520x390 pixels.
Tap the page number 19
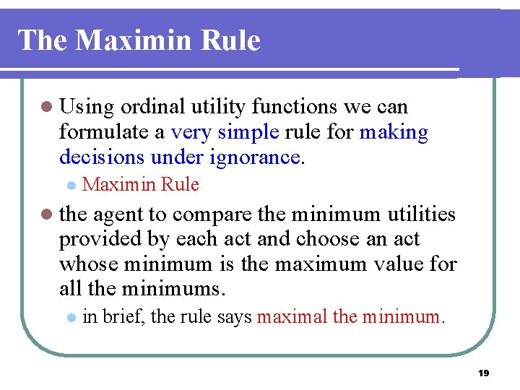[484, 373]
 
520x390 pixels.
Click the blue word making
[394, 133]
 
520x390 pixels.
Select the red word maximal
[292, 316]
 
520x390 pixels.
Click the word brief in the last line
[123, 316]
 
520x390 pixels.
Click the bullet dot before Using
[47, 108]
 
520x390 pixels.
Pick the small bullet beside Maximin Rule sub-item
[70, 186]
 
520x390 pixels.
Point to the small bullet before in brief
[70, 317]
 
